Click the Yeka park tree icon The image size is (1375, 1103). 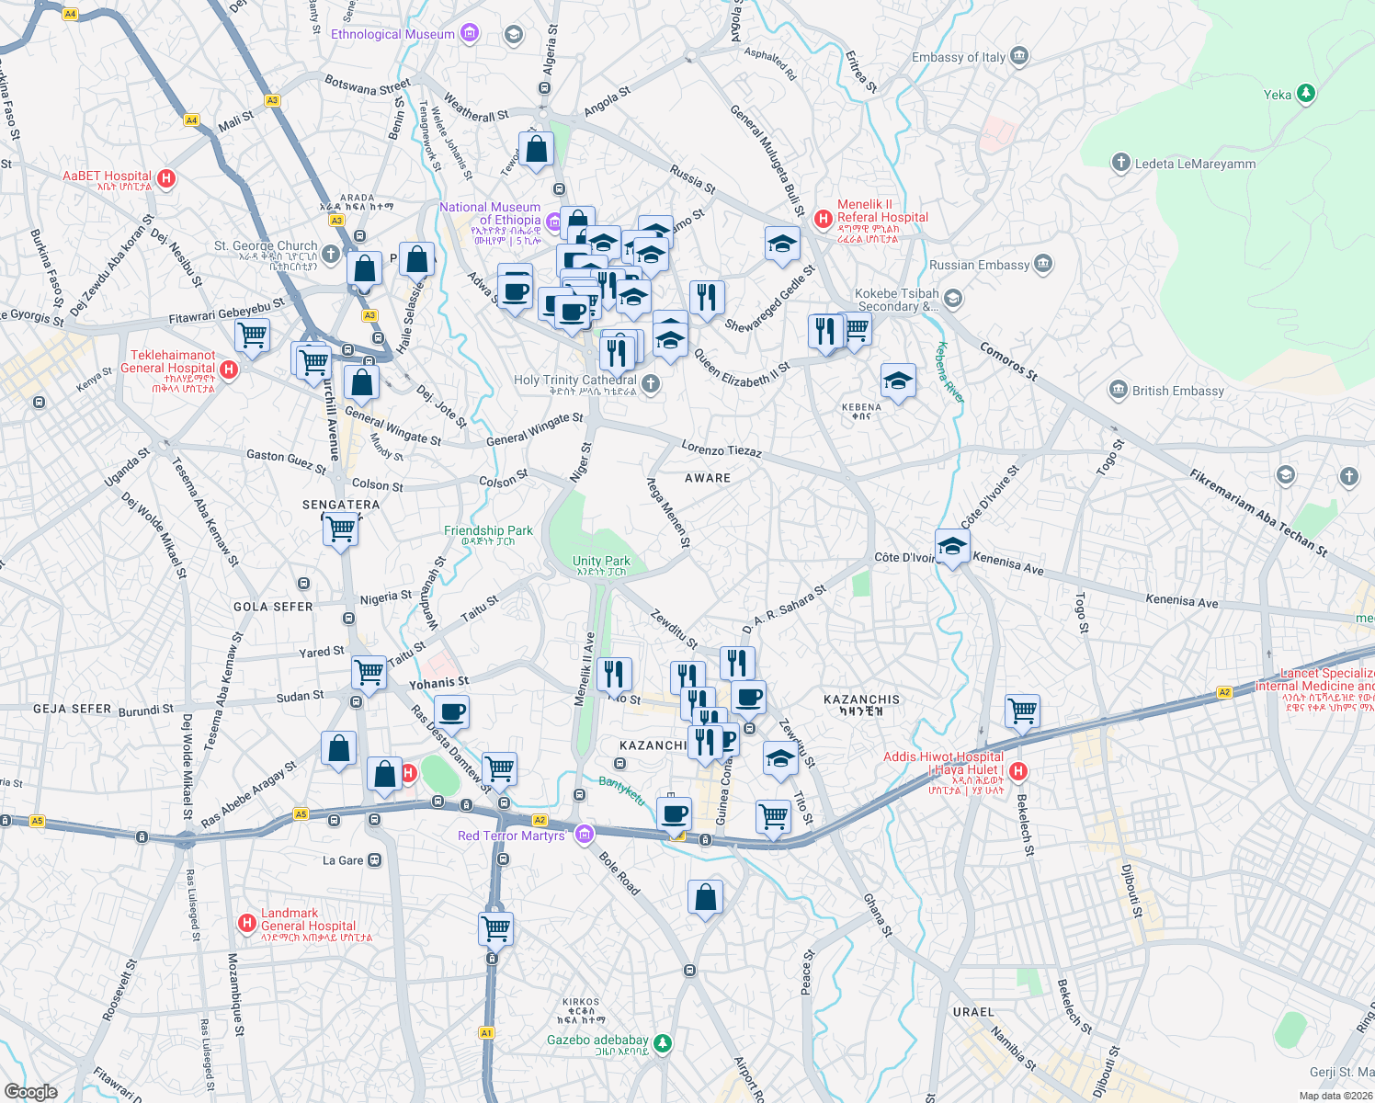[1305, 94]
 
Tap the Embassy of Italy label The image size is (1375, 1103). [959, 57]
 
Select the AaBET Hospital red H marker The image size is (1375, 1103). [166, 178]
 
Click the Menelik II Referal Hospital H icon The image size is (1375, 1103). [824, 219]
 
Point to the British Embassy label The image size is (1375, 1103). [1177, 391]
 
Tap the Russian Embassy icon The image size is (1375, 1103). [1042, 265]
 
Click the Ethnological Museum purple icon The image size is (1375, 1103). [470, 34]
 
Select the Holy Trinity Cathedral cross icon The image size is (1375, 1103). [651, 384]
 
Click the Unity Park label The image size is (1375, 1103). [601, 561]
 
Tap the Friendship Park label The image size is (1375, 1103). [488, 530]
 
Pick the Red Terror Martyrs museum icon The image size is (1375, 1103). [584, 835]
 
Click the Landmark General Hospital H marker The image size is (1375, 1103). [246, 923]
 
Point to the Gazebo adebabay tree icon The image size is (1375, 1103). [663, 1043]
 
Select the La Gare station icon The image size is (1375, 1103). [375, 860]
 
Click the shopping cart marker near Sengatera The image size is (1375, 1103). [340, 529]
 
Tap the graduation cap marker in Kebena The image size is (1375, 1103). [897, 380]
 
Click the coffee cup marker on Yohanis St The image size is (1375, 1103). [451, 711]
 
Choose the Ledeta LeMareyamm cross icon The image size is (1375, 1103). [1120, 164]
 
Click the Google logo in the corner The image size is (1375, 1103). [31, 1091]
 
